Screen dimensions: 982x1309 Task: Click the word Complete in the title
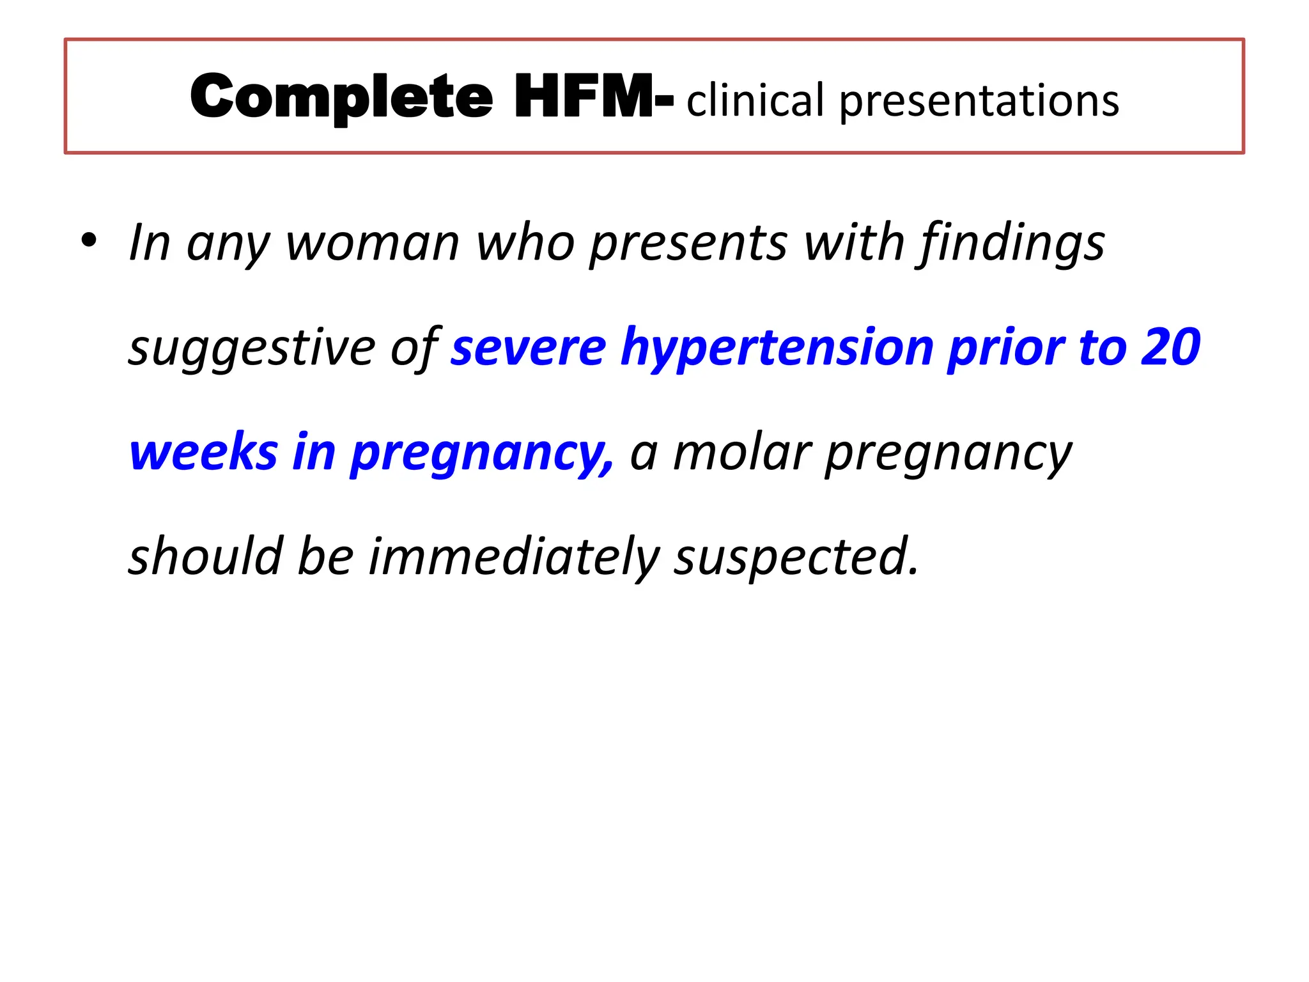(341, 97)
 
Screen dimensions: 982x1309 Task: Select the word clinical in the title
(755, 101)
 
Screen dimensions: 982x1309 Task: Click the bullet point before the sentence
(89, 242)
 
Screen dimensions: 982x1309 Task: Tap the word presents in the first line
(688, 244)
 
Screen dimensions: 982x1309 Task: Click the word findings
(1012, 244)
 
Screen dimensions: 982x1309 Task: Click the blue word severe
(528, 348)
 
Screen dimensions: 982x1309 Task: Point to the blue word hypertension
(777, 349)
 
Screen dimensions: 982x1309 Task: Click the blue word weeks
(203, 453)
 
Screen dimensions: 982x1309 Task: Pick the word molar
(741, 453)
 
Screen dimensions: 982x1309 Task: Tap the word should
(205, 556)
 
